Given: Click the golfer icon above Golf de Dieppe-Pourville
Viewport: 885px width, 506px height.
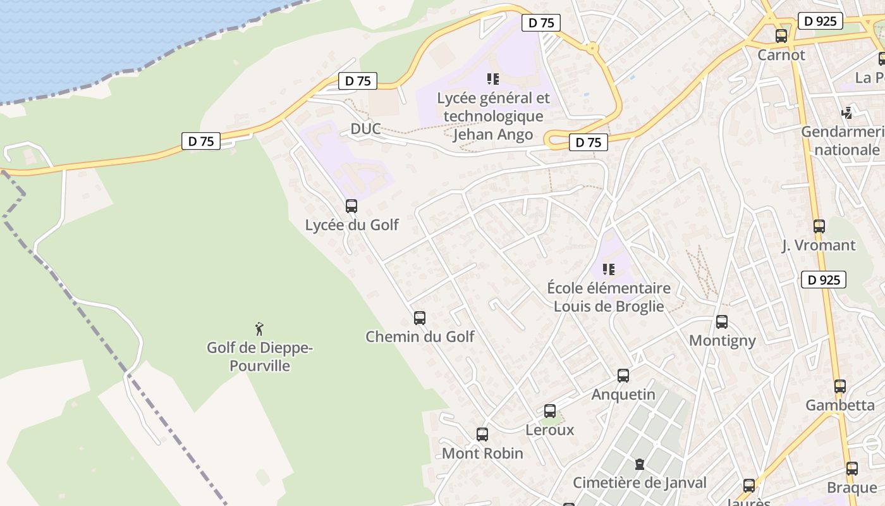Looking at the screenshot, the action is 259,329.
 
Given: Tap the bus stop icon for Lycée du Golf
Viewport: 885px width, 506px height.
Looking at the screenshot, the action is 351,206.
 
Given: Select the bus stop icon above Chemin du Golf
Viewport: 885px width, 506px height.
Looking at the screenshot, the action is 420,318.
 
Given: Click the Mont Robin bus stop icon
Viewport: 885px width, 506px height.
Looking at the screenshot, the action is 482,435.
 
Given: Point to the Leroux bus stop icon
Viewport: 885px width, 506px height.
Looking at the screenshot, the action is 550,411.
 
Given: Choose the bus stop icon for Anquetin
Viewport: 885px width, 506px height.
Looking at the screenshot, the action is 623,376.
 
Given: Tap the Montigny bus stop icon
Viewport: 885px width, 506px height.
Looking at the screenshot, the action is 722,322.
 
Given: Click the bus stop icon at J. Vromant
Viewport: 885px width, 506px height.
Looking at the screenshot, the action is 819,226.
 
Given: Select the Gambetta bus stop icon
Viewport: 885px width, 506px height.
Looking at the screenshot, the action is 840,386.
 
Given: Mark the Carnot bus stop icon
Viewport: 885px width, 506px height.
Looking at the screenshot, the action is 781,36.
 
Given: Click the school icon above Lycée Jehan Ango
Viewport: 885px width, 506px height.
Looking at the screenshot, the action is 493,79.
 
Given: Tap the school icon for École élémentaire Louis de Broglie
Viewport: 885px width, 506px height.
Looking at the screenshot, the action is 609,269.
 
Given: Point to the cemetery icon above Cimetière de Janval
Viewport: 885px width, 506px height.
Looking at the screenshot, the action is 640,464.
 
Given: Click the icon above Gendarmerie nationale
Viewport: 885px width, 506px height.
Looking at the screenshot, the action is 847,113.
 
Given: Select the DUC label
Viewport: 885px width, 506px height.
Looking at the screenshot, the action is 366,129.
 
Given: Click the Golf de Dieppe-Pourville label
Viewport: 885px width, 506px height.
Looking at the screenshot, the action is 260,357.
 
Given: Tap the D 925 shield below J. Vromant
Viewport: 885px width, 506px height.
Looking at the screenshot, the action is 824,280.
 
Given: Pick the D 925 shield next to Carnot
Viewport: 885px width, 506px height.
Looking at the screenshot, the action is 821,21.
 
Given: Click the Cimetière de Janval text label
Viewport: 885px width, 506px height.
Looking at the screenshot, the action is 640,483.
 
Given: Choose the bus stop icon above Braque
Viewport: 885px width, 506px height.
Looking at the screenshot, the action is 852,469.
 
